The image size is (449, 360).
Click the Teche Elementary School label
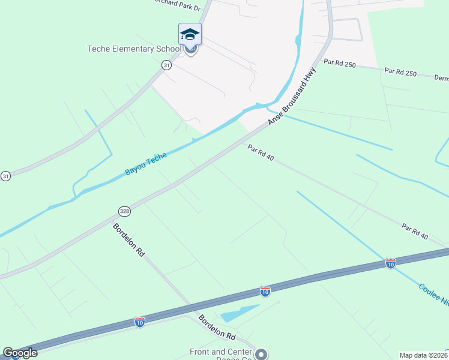[x=133, y=49]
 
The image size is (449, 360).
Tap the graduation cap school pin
[x=190, y=35]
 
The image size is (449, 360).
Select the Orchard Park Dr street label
[x=178, y=3]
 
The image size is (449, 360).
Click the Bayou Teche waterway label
[x=145, y=164]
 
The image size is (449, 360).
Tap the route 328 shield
[x=123, y=211]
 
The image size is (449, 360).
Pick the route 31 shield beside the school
[x=166, y=65]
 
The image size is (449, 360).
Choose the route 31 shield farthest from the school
[x=5, y=176]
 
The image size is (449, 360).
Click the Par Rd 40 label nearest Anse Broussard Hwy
[x=261, y=154]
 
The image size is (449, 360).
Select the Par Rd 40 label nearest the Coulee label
[x=415, y=232]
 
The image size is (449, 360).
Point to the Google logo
[x=20, y=353]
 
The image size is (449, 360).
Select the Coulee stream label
[x=433, y=295]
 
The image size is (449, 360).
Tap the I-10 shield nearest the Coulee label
[x=391, y=263]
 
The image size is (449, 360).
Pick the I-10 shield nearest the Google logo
[x=140, y=322]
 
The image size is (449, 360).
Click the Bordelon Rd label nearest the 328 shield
[x=129, y=241]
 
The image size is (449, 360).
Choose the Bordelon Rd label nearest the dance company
[x=218, y=326]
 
